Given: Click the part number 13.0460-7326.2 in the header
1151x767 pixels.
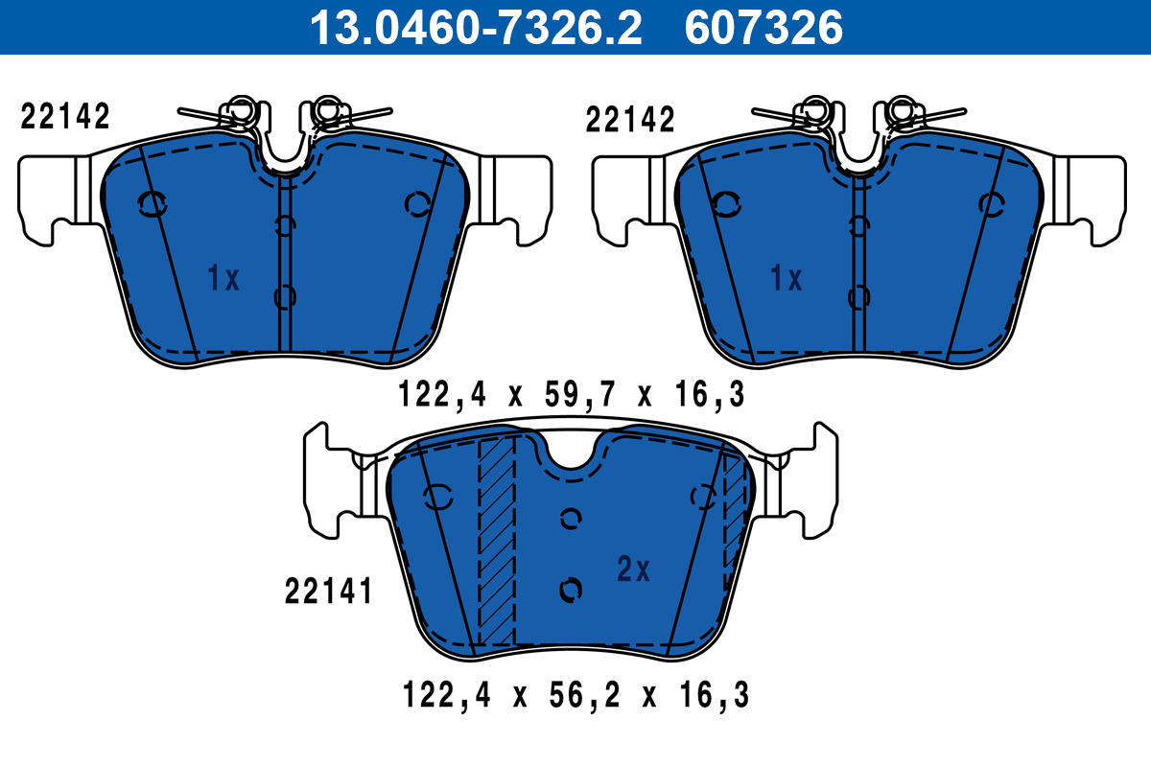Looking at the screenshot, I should [474, 27].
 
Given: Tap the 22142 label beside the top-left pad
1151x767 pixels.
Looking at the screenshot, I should [65, 117].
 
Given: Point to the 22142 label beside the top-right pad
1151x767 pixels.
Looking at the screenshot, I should [630, 120].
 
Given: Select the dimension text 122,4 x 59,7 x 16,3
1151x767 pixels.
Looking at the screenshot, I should [572, 394].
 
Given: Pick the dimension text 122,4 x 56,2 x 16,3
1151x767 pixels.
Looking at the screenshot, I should [575, 694].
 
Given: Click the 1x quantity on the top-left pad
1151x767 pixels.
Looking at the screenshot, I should [223, 279].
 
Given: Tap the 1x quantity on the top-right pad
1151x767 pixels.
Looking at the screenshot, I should [786, 279].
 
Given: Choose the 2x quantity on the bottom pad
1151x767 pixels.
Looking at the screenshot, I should [633, 570].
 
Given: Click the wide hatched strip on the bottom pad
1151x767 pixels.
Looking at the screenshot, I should [497, 542].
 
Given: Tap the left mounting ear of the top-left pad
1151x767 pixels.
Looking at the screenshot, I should [48, 197].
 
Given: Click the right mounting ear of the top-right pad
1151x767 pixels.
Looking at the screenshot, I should [1093, 197].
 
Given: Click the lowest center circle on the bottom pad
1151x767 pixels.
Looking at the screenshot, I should [571, 590].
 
